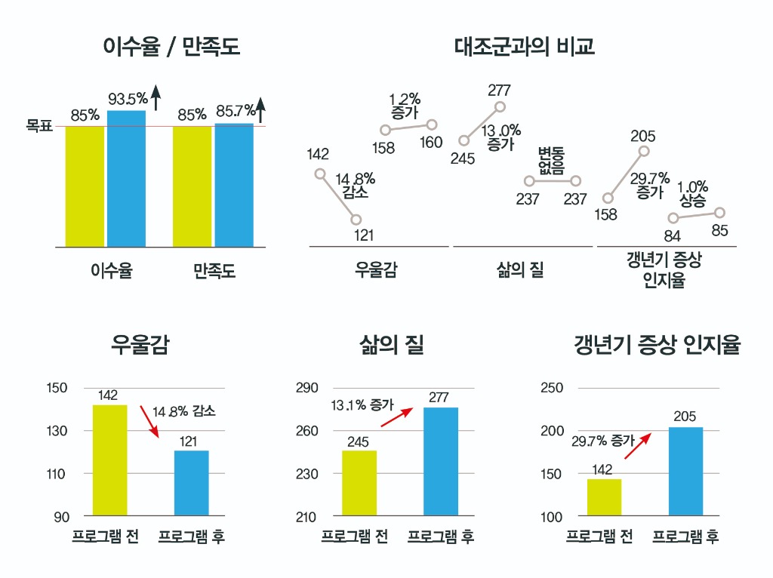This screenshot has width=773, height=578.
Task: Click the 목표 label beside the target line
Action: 39,126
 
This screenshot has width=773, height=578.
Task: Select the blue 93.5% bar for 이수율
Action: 126,179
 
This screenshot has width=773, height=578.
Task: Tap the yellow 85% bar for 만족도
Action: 192,186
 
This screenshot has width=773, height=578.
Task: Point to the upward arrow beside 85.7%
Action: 260,110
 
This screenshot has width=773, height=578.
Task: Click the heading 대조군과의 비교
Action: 524,47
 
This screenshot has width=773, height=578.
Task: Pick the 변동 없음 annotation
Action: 551,161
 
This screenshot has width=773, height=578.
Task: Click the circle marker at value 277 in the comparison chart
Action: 500,107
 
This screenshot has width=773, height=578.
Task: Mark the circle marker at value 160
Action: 432,124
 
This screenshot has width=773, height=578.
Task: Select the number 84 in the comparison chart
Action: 672,236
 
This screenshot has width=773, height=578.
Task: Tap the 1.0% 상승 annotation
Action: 692,194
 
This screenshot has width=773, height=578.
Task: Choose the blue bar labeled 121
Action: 191,483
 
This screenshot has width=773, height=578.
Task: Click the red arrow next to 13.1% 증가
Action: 396,417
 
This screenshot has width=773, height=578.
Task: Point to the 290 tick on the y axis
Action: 306,388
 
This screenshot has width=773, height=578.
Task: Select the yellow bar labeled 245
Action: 359,483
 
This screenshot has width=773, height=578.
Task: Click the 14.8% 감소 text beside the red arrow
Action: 184,412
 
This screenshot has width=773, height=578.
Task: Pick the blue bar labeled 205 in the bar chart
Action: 685,471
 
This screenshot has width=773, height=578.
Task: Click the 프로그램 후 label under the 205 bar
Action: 685,536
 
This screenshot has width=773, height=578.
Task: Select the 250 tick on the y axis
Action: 552,388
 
